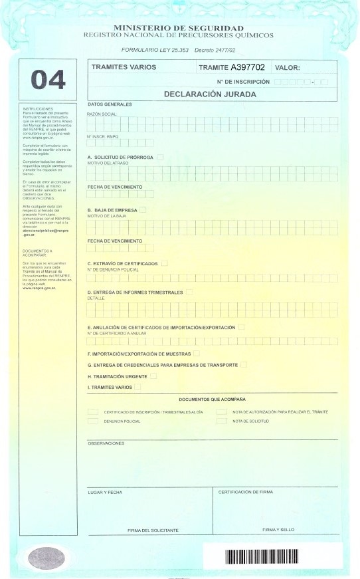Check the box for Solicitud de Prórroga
click(x=159, y=157)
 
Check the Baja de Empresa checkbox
click(x=143, y=210)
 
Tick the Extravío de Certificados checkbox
click(x=165, y=264)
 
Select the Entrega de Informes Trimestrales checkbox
click(x=190, y=292)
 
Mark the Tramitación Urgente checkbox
click(x=153, y=376)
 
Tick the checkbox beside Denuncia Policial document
click(x=93, y=421)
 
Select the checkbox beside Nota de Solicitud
click(x=221, y=421)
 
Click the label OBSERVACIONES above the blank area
click(x=106, y=442)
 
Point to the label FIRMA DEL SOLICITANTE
click(x=153, y=530)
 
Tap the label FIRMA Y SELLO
click(x=278, y=530)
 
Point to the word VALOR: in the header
click(x=287, y=68)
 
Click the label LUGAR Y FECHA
click(x=106, y=493)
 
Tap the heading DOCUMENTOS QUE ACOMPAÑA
click(x=213, y=399)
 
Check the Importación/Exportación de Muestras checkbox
click(x=197, y=354)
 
